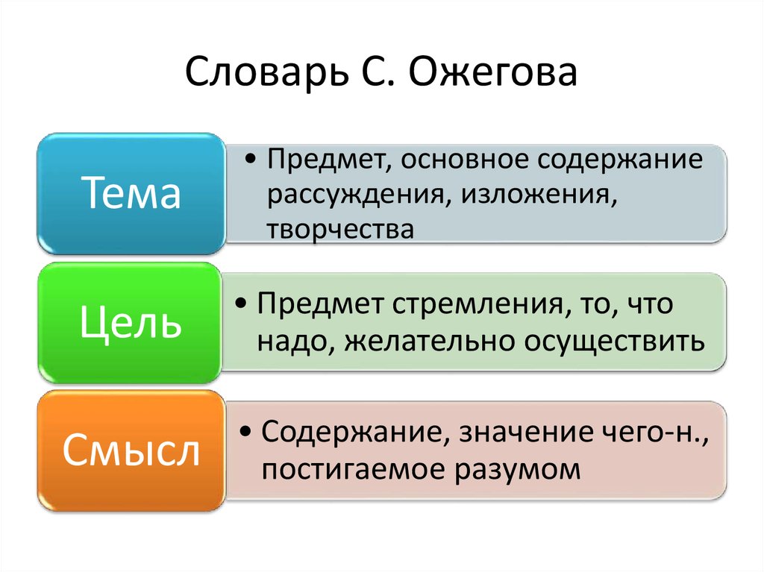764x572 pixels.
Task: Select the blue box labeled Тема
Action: pos(131,195)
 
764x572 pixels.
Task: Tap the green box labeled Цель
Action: pos(131,324)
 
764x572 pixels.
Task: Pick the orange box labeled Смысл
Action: pos(131,451)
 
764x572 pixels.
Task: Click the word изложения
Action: pos(538,195)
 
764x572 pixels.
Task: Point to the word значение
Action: pos(514,432)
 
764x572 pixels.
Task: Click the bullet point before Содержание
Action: pos(247,433)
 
